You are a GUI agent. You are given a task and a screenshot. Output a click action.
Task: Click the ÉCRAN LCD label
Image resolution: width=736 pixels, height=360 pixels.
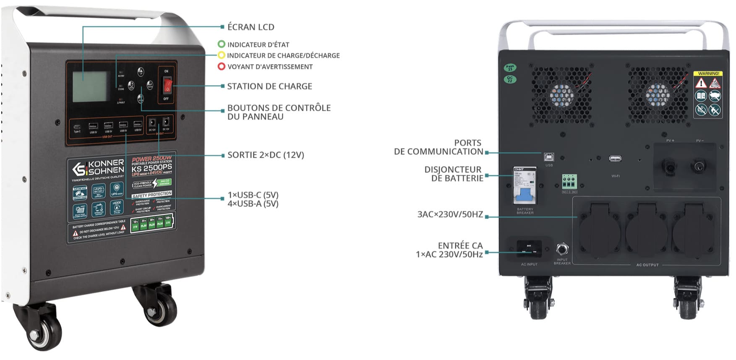pyautogui.click(x=251, y=27)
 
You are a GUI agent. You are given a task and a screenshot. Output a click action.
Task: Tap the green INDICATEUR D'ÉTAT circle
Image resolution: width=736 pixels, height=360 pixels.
pyautogui.click(x=222, y=44)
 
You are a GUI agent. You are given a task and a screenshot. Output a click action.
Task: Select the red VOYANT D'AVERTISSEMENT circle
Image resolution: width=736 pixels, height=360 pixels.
pyautogui.click(x=222, y=66)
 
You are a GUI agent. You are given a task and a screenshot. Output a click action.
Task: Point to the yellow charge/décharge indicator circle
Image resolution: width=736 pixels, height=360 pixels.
pyautogui.click(x=222, y=55)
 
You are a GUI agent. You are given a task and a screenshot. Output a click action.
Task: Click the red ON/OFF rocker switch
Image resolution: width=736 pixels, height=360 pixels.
pyautogui.click(x=167, y=84)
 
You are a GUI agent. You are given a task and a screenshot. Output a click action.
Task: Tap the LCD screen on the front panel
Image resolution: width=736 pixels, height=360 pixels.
pyautogui.click(x=90, y=86)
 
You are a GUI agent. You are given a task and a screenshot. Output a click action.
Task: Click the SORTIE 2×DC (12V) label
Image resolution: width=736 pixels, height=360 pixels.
pyautogui.click(x=266, y=155)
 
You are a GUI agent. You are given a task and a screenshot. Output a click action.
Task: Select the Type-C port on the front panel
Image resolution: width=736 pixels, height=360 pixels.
pyautogui.click(x=77, y=127)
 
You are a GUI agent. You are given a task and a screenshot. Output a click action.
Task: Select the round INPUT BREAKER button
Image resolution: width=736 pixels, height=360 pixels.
pyautogui.click(x=562, y=249)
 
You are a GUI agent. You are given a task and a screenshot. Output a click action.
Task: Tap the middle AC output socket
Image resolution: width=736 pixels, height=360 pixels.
pyautogui.click(x=646, y=229)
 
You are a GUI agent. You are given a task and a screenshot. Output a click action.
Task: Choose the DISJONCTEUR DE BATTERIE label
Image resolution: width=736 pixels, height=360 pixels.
pyautogui.click(x=453, y=174)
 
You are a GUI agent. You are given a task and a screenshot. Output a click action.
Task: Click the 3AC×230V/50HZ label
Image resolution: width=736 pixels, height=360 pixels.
pyautogui.click(x=450, y=214)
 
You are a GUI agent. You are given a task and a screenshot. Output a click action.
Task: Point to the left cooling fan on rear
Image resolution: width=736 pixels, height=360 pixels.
pyautogui.click(x=561, y=95)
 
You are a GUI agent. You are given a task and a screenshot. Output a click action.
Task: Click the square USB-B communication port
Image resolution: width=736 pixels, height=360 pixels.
pyautogui.click(x=549, y=157)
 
